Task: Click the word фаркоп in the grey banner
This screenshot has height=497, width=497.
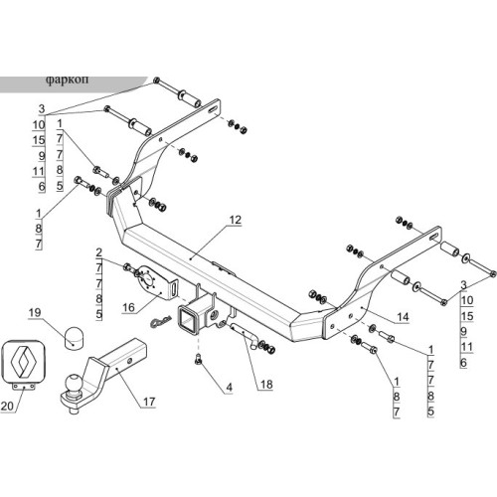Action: (67, 81)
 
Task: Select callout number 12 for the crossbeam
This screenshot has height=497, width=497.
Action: (235, 220)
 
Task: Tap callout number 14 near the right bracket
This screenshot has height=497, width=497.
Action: (403, 317)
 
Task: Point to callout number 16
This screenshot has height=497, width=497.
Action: (128, 308)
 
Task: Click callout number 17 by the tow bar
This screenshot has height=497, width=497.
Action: (149, 402)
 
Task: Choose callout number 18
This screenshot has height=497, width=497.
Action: (266, 385)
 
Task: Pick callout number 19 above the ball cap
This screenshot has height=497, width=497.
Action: (35, 312)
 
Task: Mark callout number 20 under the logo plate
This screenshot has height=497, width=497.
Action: (7, 406)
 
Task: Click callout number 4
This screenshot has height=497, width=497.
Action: (230, 388)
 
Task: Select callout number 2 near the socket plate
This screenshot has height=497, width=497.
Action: (98, 252)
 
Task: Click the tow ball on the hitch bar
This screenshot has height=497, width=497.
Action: (74, 384)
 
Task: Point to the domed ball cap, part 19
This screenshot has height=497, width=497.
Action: (74, 338)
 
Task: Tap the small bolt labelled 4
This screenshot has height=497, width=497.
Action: (199, 360)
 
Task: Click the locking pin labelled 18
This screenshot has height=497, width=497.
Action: (245, 335)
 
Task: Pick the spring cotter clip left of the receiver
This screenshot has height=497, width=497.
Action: (161, 321)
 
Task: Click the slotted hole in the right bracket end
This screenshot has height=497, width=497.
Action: (434, 236)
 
